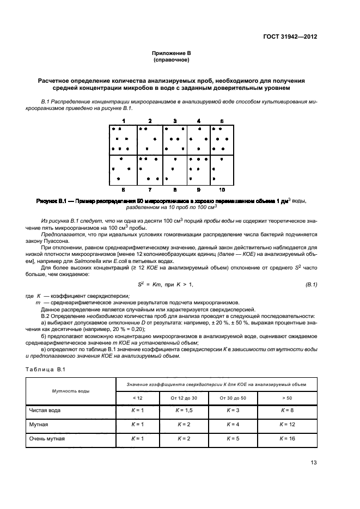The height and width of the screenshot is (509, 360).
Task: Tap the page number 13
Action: [314, 463]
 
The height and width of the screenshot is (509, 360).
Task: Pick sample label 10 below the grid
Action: [222, 189]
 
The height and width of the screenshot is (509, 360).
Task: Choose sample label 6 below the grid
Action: [124, 189]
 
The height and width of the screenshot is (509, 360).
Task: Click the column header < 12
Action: [138, 398]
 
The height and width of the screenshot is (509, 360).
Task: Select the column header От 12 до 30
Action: [186, 398]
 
